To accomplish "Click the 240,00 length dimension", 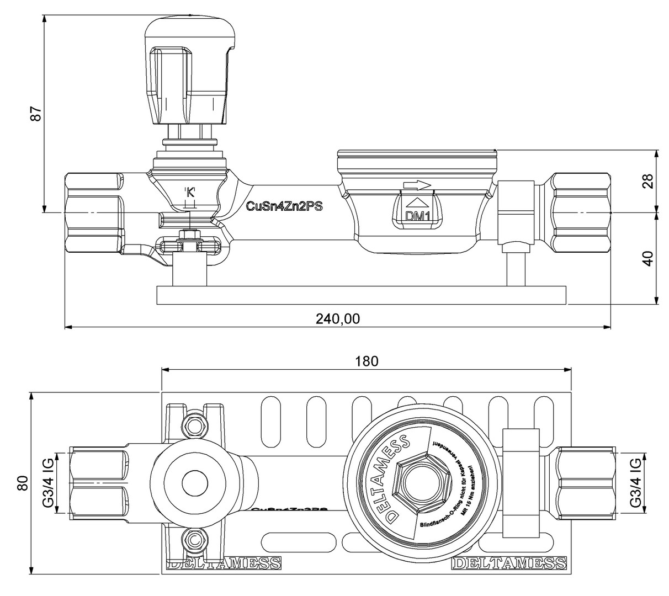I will coord(337,318).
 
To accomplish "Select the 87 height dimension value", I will coord(36,114).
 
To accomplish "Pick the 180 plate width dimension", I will coord(367,361).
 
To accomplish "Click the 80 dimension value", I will coord(23,483).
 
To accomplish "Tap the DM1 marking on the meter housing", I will coord(418,216).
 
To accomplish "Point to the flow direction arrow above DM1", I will coord(417,184).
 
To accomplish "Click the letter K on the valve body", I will coord(190,193).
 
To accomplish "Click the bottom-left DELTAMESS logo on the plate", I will coord(224,563).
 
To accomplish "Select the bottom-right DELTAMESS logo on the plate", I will coord(509,563).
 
